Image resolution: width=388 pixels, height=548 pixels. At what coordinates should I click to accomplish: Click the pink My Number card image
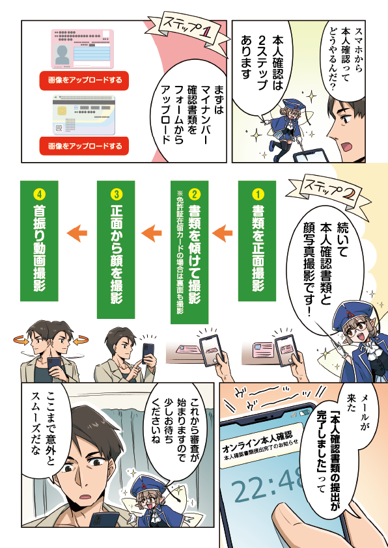83,49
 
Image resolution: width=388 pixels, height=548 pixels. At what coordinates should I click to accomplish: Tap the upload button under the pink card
84,81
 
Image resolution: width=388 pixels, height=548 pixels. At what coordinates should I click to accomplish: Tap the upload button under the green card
84,146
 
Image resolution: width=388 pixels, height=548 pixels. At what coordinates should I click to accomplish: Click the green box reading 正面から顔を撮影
116,249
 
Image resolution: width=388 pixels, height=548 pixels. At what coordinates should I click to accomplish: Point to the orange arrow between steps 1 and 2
222,234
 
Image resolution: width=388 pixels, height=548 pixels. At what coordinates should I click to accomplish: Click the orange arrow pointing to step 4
77,234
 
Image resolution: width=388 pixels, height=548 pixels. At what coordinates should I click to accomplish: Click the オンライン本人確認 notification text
257,441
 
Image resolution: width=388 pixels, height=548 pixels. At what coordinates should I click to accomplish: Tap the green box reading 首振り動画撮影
39,241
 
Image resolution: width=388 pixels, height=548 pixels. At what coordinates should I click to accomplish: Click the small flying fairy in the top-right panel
286,126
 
